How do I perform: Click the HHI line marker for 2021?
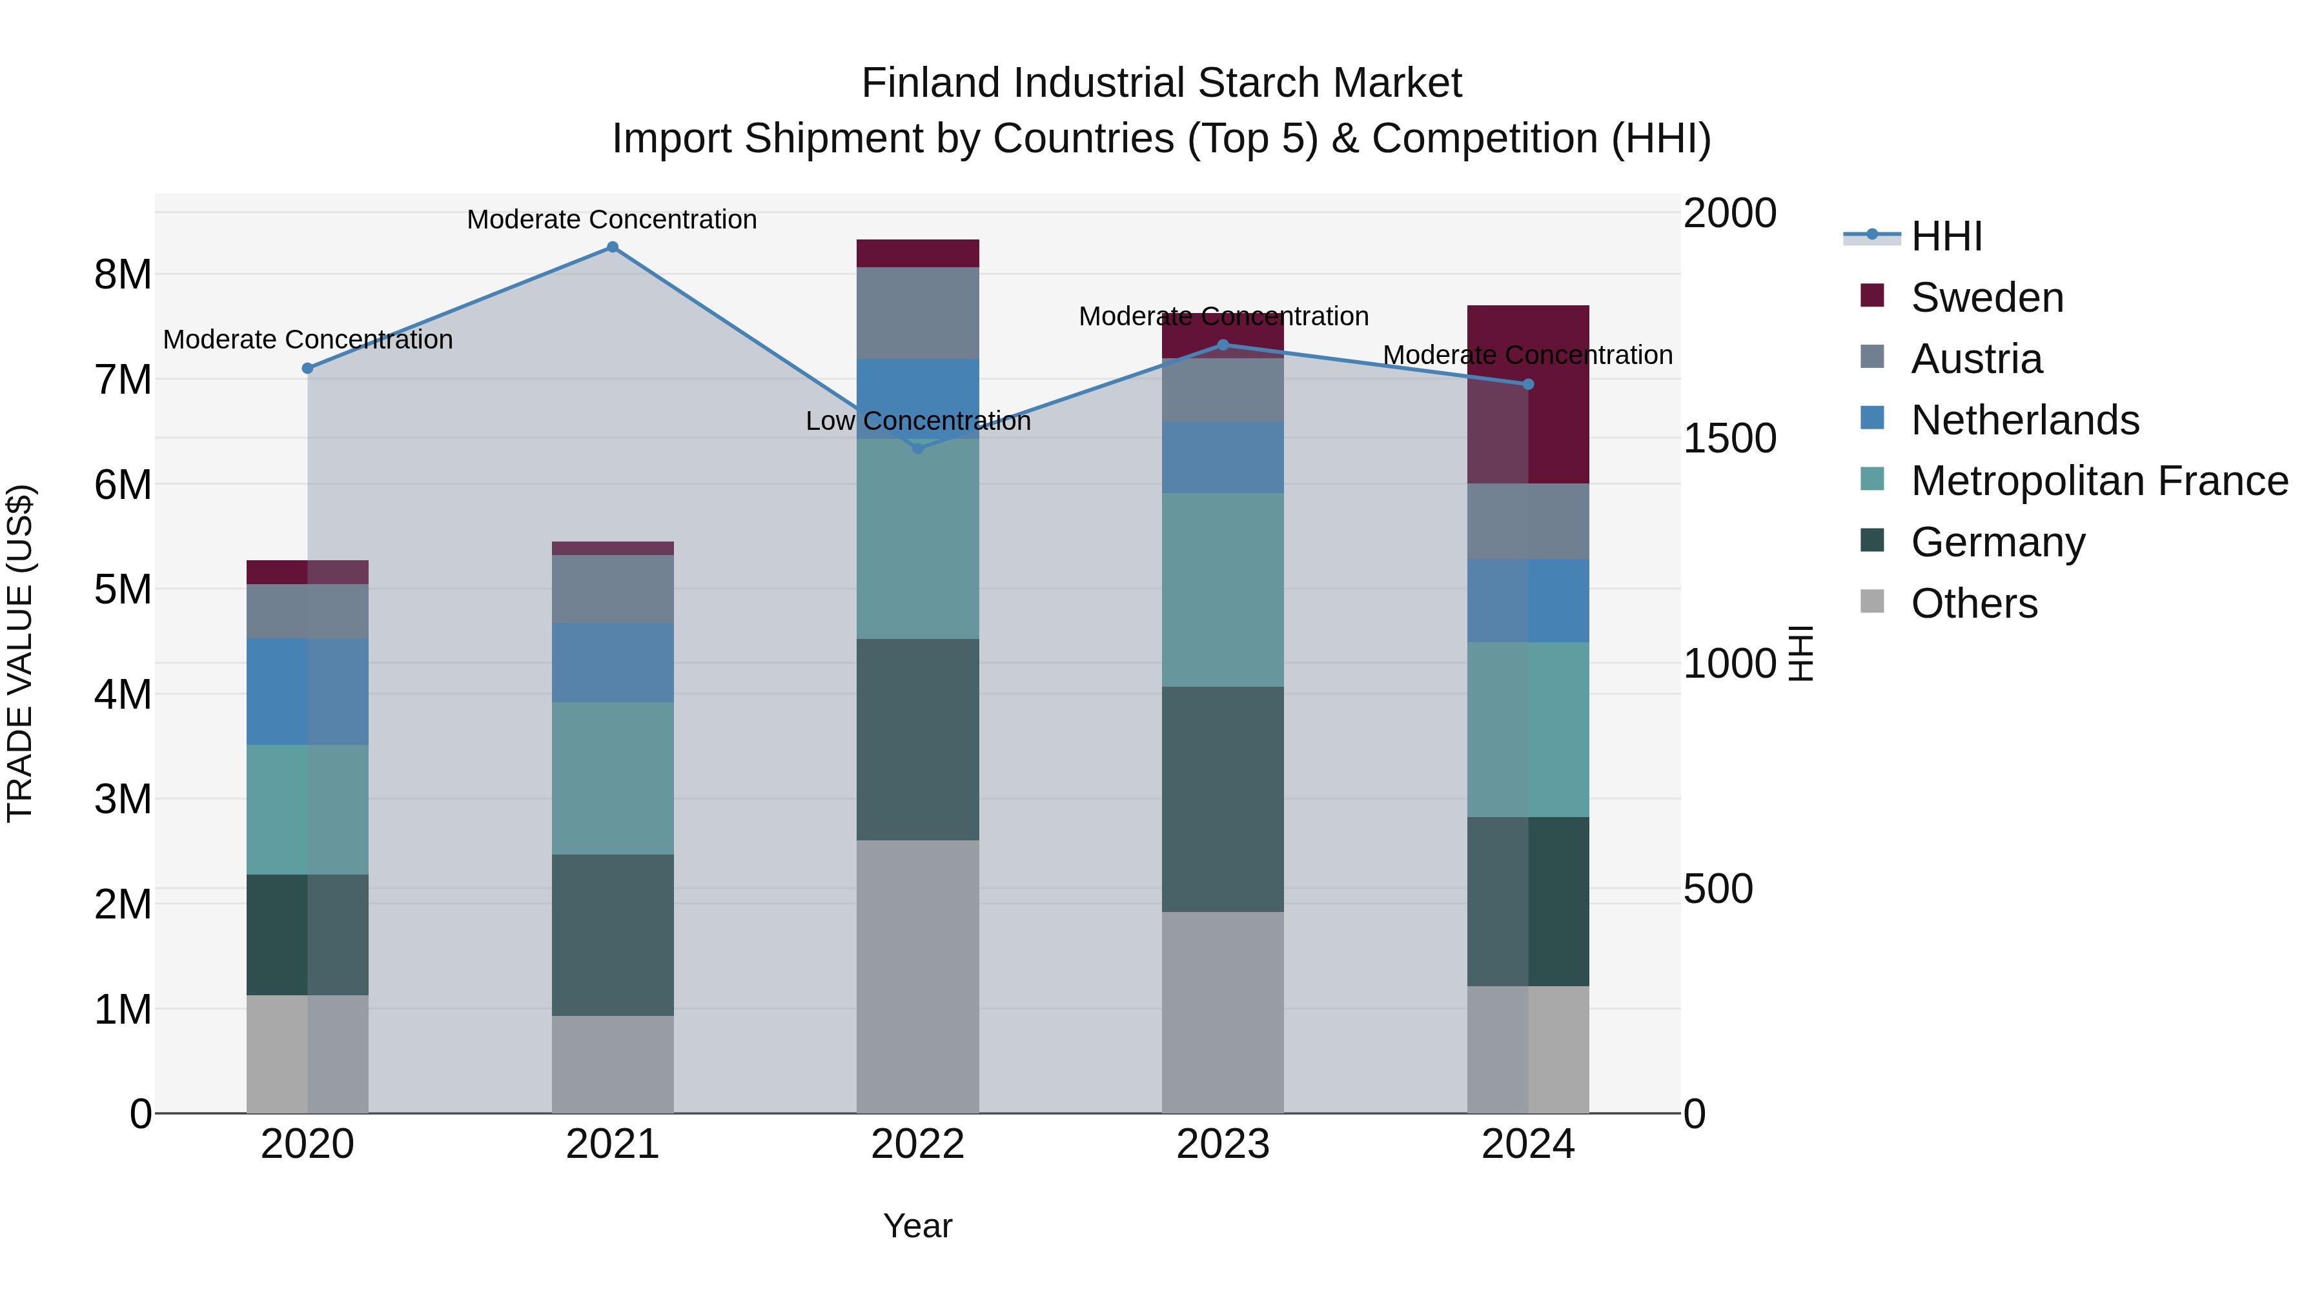coord(613,247)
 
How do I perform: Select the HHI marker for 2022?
coord(917,449)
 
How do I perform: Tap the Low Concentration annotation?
coord(917,421)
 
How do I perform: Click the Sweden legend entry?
coord(1986,298)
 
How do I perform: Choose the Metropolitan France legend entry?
coord(2099,481)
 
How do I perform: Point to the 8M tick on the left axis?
coord(123,274)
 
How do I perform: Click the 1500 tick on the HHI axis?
coord(1729,438)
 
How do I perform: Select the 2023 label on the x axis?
coord(1223,1144)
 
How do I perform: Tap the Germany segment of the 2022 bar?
coord(917,740)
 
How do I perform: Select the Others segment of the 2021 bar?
coord(613,1064)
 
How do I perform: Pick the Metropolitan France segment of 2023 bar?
coord(1223,590)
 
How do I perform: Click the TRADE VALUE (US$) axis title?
coord(20,653)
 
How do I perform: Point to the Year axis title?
coord(917,1226)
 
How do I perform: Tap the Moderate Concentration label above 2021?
coord(612,219)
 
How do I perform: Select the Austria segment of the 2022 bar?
coord(917,313)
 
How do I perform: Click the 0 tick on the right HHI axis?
coord(1695,1114)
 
